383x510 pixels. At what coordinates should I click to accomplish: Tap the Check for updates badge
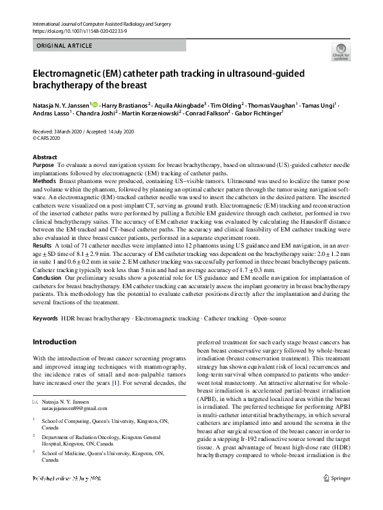point(341,51)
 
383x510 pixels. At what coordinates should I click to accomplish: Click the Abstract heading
point(44,157)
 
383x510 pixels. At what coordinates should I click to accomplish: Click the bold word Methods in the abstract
point(44,182)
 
